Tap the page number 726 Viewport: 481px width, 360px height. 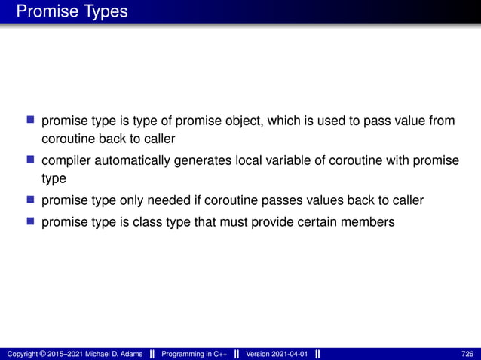(x=467, y=354)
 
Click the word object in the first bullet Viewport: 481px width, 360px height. (x=219, y=121)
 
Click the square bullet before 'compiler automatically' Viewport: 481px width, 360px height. (x=31, y=160)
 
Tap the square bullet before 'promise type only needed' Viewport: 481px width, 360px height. (x=31, y=200)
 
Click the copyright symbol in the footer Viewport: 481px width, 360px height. (x=42, y=354)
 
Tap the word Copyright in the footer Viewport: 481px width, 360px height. (x=20, y=354)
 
